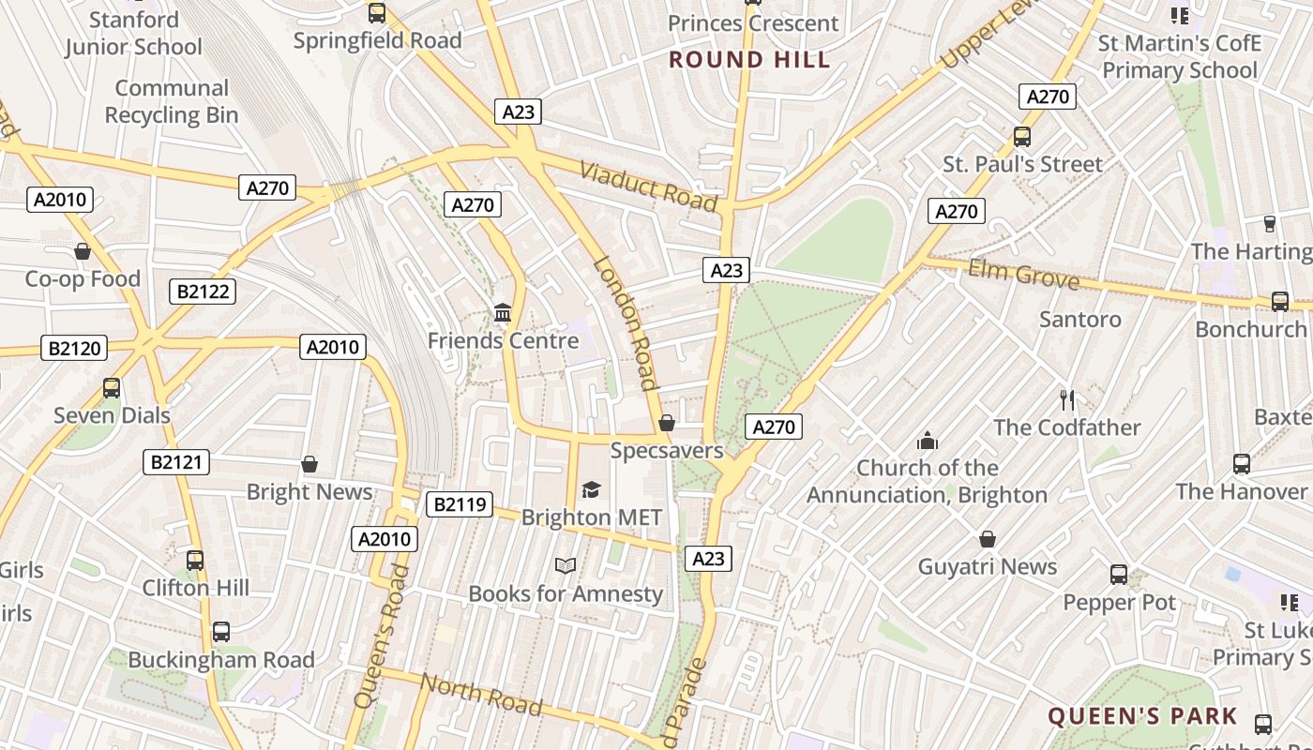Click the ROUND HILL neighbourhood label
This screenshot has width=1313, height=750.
coord(749,60)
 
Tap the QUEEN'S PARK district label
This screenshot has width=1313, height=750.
coord(1142,717)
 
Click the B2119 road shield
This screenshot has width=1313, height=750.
coord(460,504)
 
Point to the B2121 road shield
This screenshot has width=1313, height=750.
coord(176,462)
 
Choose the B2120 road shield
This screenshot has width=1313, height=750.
coord(75,349)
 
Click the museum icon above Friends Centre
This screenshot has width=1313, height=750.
coord(503,312)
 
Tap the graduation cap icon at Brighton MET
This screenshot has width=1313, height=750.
coord(591,489)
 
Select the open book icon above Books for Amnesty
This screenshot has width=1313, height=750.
coord(565,565)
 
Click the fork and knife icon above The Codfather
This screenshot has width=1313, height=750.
coord(1066,400)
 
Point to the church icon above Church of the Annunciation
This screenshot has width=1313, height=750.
coord(928,441)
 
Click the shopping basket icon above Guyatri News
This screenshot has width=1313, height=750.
coord(987,539)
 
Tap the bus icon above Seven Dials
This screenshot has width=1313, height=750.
coord(112,387)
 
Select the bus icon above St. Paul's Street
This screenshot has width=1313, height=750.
coord(1022,137)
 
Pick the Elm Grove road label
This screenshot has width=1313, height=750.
coord(1023,275)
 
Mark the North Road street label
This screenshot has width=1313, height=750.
coord(481,694)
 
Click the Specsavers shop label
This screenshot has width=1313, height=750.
coord(667,451)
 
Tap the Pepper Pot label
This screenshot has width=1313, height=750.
coord(1119,603)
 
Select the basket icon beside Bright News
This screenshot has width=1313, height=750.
coord(309,464)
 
